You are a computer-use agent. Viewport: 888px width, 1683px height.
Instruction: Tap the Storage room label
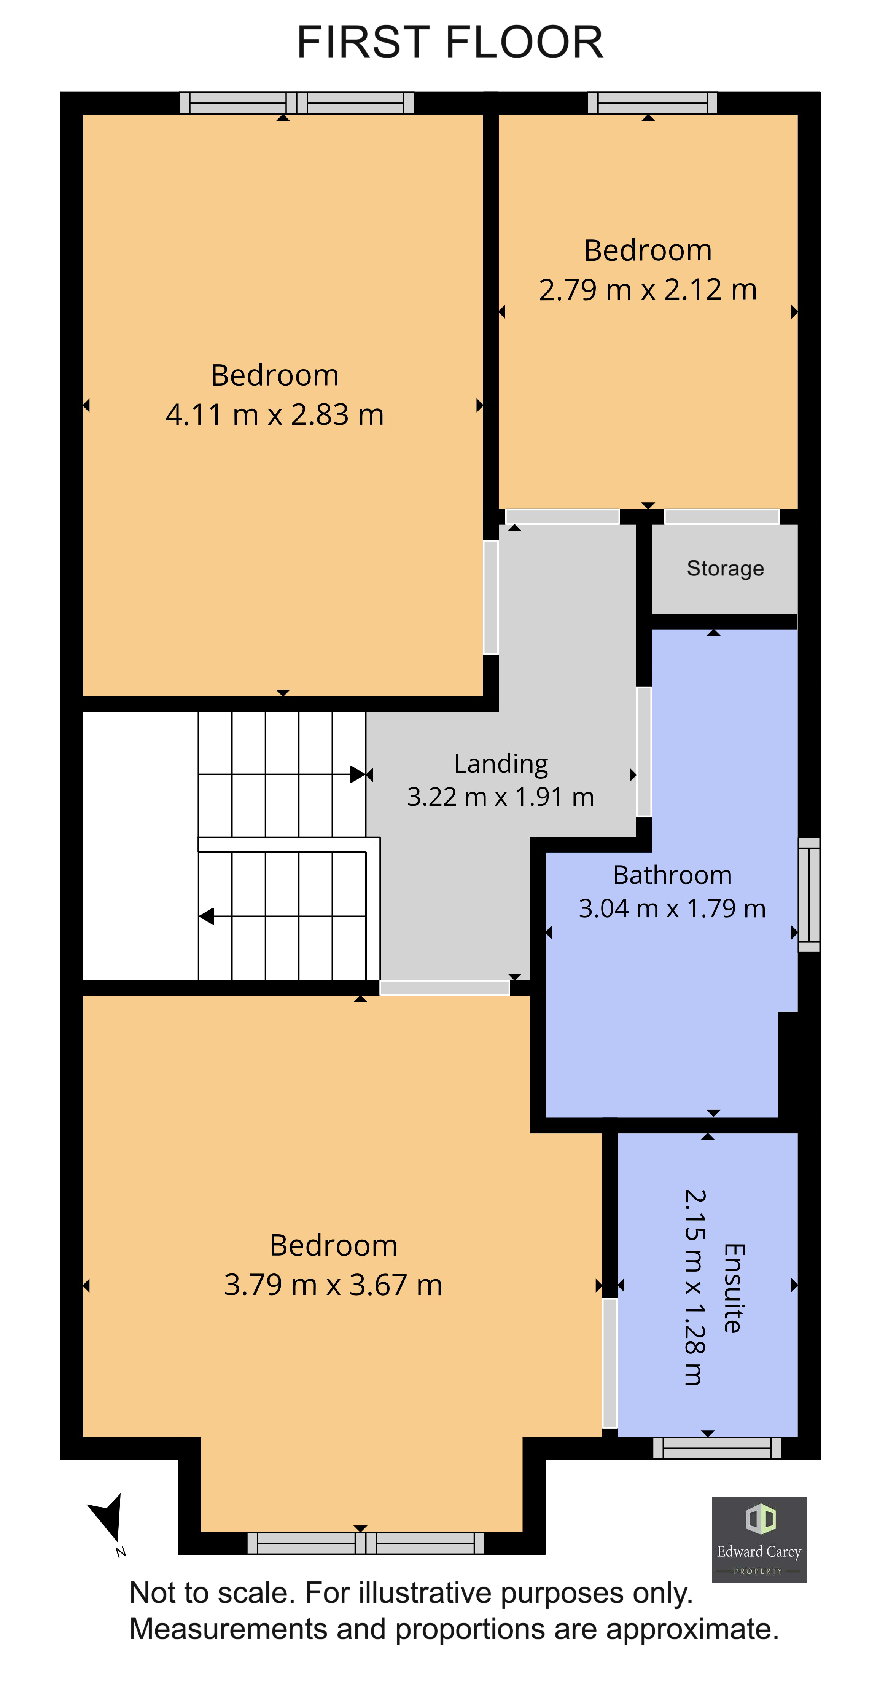725,568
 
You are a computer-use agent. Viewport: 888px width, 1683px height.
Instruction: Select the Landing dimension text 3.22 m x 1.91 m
500,797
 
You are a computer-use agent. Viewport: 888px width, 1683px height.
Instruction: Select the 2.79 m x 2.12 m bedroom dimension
648,289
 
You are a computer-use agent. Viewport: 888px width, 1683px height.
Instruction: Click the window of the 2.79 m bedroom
652,103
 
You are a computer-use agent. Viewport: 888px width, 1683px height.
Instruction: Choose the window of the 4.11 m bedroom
296,103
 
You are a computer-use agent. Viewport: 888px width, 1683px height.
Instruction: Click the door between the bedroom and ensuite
609,1362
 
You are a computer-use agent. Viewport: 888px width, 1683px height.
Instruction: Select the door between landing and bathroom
644,751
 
